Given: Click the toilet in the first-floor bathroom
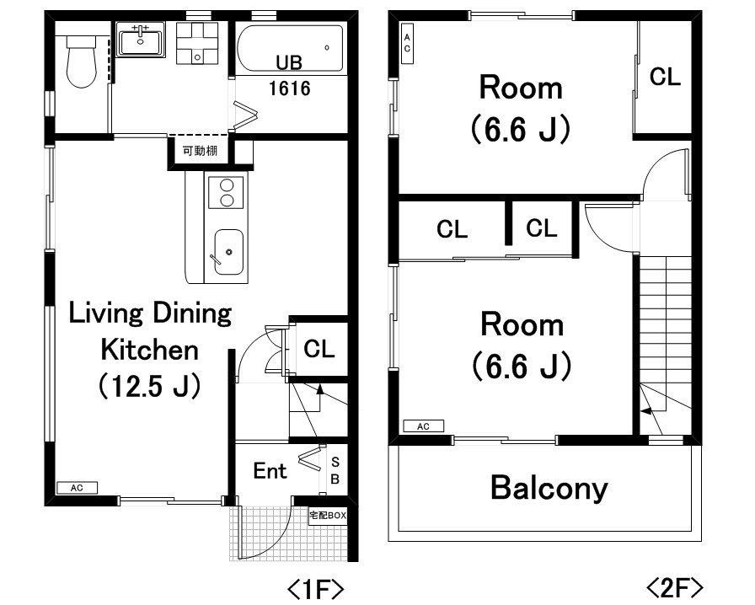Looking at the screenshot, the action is tap(81, 62).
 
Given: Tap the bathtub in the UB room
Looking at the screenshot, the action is tap(291, 49).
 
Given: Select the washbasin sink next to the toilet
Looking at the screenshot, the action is tap(141, 40).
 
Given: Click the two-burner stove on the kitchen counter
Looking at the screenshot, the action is tap(226, 192).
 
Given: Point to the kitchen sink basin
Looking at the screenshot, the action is tap(228, 252).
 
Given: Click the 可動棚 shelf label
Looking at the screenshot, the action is tap(200, 152).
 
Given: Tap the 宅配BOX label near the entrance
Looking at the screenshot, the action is tap(328, 516).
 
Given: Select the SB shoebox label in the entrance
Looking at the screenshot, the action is tap(335, 471).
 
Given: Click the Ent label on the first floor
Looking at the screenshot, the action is tap(270, 471).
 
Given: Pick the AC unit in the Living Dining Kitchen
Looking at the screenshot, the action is tap(77, 488).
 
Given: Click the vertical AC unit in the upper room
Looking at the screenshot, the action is tap(407, 43).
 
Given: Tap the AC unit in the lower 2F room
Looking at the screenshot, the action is tap(423, 426).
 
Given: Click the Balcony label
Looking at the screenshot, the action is tap(549, 488).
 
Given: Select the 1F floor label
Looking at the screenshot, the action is tap(315, 588).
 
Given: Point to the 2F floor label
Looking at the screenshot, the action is tap(674, 587).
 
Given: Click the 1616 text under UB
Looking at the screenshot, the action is tap(289, 88).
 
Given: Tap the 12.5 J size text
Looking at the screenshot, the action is tap(150, 386).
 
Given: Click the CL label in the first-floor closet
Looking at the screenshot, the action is tap(319, 348).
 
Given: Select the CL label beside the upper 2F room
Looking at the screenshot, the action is tap(665, 77).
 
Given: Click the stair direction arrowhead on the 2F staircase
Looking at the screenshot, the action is tap(645, 411).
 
